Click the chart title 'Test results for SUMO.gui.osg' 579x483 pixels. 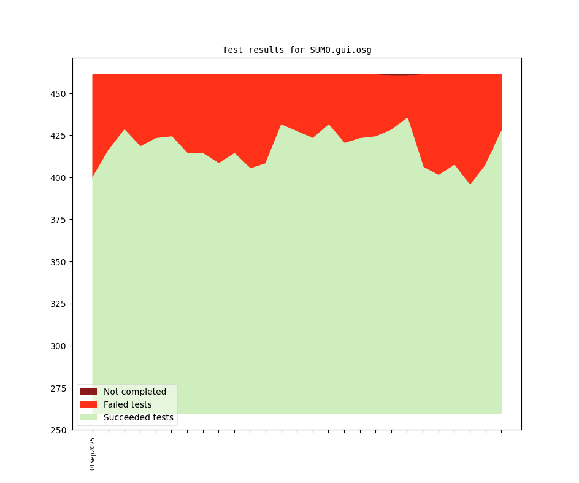point(297,50)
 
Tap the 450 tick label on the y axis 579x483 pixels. point(59,94)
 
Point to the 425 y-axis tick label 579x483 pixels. point(59,136)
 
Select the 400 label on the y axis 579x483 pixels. point(59,178)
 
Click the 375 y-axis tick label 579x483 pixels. point(59,220)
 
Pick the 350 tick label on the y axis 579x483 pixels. point(59,262)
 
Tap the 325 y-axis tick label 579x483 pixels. point(59,304)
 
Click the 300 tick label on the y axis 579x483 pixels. point(59,346)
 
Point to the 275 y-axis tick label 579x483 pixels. point(59,388)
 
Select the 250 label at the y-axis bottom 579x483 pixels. point(59,430)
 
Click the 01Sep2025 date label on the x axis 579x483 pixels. point(93,454)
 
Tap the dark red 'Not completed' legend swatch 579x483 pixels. point(88,392)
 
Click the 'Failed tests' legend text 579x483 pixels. point(128,404)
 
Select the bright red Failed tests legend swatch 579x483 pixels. point(88,404)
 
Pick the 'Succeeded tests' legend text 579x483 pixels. point(139,417)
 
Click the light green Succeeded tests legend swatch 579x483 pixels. point(88,417)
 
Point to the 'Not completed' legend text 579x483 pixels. point(135,392)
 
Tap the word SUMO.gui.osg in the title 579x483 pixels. point(340,50)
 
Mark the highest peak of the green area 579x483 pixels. point(407,119)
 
